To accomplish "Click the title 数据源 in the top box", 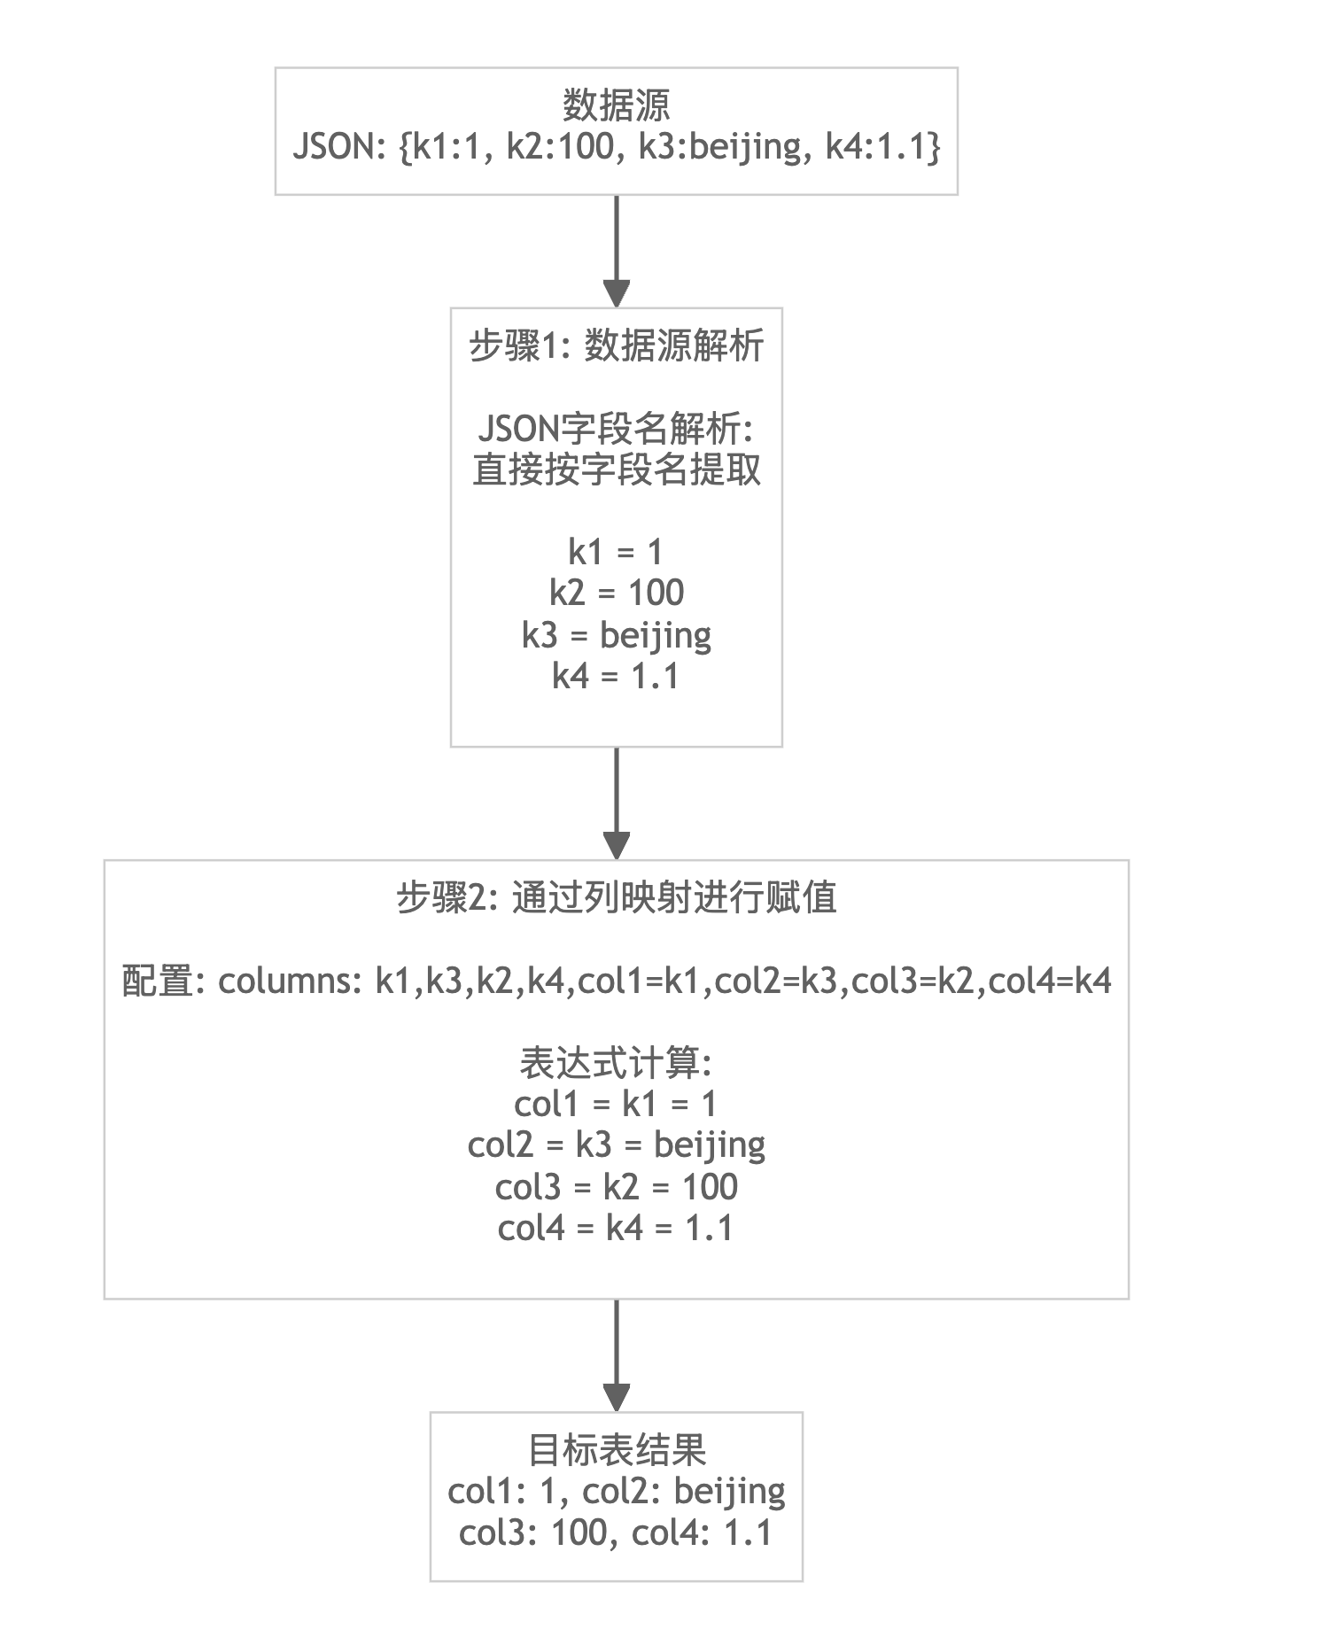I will [x=616, y=106].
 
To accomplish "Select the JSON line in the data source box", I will [x=616, y=146].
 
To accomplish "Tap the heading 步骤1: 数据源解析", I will [x=616, y=345].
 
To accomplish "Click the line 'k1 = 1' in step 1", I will [x=616, y=552].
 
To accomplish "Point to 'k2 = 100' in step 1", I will [x=616, y=593].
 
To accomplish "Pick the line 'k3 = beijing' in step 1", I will [x=616, y=634].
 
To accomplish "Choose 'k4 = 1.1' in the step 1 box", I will [x=616, y=676].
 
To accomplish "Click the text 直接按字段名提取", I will [x=616, y=469].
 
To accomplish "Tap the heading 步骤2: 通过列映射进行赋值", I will [x=616, y=898].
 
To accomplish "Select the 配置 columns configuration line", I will [x=616, y=981].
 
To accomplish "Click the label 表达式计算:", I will [x=616, y=1063].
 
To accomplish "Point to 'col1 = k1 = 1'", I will [x=616, y=1104].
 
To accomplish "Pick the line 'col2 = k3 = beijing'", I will [x=616, y=1145].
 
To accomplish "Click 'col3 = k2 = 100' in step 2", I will [x=616, y=1187].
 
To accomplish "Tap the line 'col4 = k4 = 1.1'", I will [x=616, y=1229].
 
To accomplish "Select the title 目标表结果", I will [x=616, y=1451].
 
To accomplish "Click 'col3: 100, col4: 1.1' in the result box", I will [x=616, y=1532].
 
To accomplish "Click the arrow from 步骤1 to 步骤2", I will [x=616, y=803].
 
